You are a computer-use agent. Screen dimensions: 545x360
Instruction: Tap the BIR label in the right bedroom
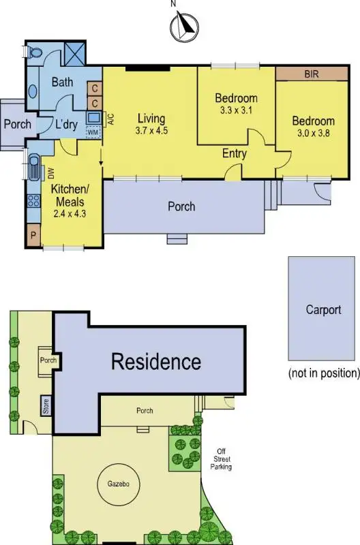tap(312, 74)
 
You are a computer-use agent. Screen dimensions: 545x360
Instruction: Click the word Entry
tap(235, 154)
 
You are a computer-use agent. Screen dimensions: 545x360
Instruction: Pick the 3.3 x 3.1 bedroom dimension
tap(235, 110)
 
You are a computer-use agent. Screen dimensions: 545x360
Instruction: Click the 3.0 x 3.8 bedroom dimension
tap(313, 134)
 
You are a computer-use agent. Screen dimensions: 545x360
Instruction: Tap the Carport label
tap(323, 310)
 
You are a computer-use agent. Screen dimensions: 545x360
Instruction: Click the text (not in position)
tap(323, 373)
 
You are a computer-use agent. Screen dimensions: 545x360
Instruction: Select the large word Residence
tap(156, 361)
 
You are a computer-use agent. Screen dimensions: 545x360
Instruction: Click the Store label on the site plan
tap(46, 407)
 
